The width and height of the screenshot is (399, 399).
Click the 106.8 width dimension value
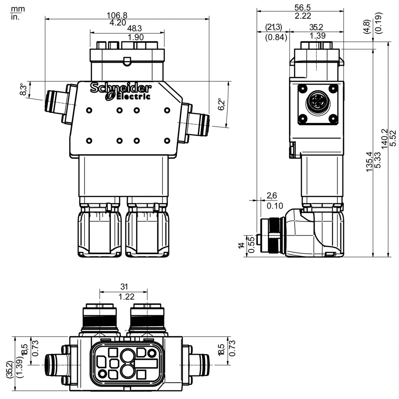click(x=117, y=15)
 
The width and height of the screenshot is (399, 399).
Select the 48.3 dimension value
click(x=134, y=28)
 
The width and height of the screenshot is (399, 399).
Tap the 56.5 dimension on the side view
click(x=302, y=7)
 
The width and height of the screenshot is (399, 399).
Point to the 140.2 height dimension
click(x=385, y=138)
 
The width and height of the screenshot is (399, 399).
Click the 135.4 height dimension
click(x=369, y=161)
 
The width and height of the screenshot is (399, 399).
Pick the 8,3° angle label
click(x=23, y=89)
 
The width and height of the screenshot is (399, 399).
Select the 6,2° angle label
click(x=221, y=104)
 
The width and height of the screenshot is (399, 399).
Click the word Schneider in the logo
click(x=121, y=88)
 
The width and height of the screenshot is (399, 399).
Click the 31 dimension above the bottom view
click(x=124, y=287)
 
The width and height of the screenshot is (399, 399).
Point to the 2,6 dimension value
click(x=272, y=196)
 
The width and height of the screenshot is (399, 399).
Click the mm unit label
click(x=18, y=9)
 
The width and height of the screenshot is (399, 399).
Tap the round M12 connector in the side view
click(x=318, y=103)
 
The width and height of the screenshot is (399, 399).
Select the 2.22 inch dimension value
click(x=303, y=16)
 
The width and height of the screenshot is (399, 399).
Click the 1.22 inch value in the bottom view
click(x=127, y=297)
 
